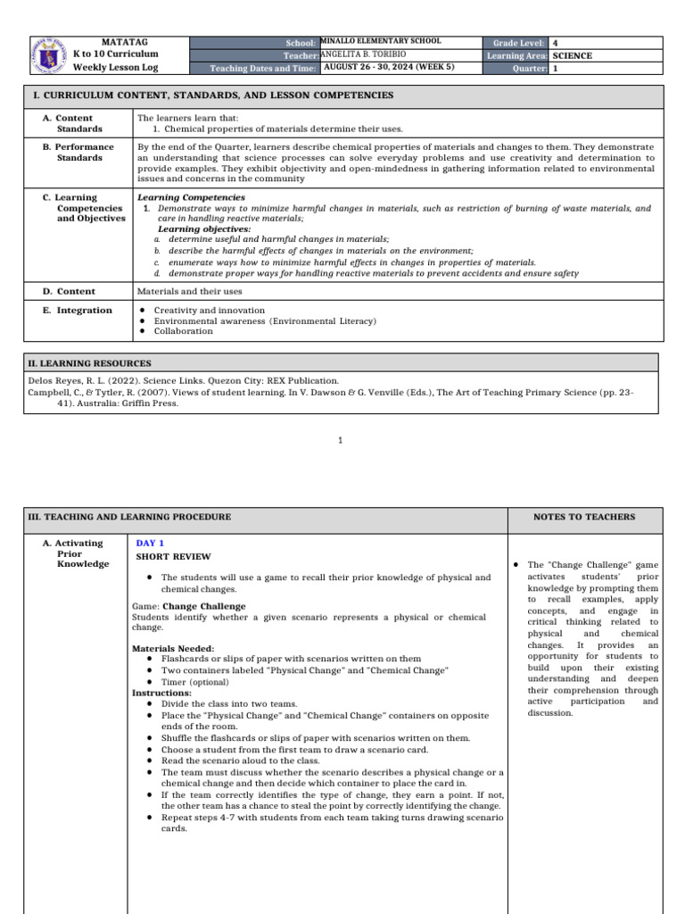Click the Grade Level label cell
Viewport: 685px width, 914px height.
pyautogui.click(x=515, y=42)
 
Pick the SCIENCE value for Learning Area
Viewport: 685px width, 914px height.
pyautogui.click(x=572, y=55)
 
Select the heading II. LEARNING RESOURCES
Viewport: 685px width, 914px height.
pyautogui.click(x=89, y=363)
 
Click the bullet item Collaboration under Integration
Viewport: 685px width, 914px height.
pyautogui.click(x=183, y=331)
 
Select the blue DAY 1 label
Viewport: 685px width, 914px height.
pyautogui.click(x=150, y=543)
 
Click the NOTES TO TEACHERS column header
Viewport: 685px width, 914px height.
pyautogui.click(x=584, y=517)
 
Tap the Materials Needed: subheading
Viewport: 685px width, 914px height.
pyautogui.click(x=173, y=648)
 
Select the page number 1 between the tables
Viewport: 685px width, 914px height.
pyautogui.click(x=342, y=440)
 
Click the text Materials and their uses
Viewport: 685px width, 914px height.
pyautogui.click(x=189, y=291)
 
